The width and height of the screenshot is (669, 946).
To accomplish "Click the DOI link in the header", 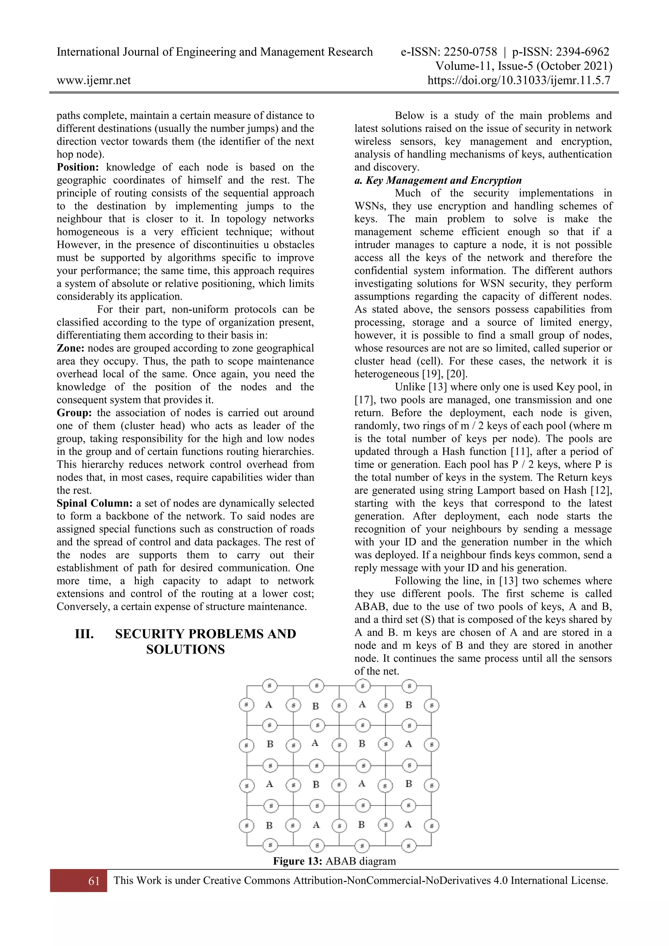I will coord(519,80).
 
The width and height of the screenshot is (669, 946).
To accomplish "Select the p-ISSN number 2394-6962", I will coord(582,52).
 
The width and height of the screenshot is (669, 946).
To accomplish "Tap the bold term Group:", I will coord(74,413).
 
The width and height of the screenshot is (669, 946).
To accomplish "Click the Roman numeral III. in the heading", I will coord(85,634).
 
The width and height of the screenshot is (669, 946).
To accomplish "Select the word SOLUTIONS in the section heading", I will coord(185,649).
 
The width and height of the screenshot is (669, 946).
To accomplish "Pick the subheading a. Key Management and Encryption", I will coord(438,180).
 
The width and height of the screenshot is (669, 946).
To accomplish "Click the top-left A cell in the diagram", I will coord(269,705).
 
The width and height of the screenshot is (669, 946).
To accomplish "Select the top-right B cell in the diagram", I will coord(409,705).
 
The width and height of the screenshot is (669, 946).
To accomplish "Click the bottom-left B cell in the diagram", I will coord(269,825).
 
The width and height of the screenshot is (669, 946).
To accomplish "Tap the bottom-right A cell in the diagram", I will coord(408,824).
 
